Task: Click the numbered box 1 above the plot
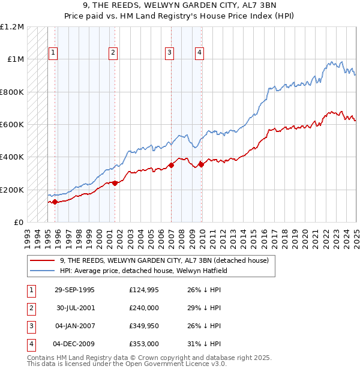[53, 53]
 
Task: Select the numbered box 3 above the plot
[170, 53]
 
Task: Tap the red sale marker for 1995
[55, 202]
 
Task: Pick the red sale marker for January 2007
[172, 165]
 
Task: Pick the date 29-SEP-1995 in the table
[74, 290]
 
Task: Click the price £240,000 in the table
[144, 308]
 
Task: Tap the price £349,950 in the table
[144, 326]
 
